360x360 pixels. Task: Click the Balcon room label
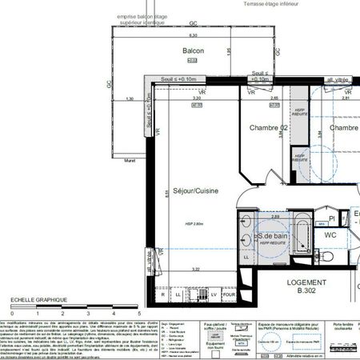(x=193, y=51)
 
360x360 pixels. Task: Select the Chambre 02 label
(x=268, y=128)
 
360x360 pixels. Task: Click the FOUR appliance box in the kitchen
(x=230, y=295)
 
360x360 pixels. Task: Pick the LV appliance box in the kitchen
(x=214, y=295)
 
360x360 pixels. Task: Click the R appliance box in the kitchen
(x=164, y=295)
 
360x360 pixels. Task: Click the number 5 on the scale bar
(x=117, y=314)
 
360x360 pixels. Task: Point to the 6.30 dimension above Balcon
(x=193, y=36)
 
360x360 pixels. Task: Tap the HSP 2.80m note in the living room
(x=194, y=224)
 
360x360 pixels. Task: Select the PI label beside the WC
(x=331, y=218)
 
